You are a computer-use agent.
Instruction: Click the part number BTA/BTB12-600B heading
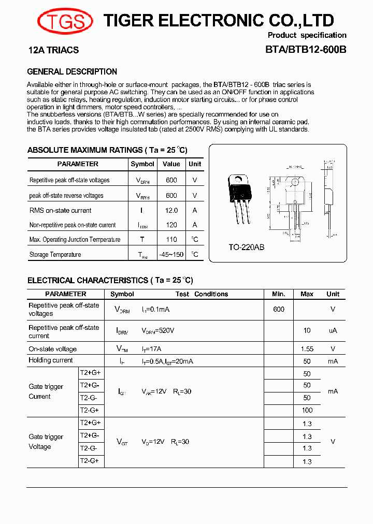coord(306,50)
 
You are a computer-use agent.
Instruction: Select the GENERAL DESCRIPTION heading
coord(72,71)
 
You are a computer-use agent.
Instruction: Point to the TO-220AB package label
coord(247,248)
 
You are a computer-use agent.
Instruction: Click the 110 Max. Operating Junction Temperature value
coord(171,240)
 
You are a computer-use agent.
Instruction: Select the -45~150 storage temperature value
coord(171,255)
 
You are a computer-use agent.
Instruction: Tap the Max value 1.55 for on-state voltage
coord(307,349)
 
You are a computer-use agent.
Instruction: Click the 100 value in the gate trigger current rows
coord(307,410)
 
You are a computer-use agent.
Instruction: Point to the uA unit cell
coord(333,330)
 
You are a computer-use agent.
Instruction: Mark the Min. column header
coord(279,294)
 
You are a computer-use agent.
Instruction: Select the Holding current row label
coord(51,360)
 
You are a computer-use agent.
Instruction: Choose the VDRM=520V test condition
coord(158,330)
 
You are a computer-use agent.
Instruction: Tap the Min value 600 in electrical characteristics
coord(279,309)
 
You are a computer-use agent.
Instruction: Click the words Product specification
coord(307,35)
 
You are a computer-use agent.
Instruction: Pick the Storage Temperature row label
coord(55,255)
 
